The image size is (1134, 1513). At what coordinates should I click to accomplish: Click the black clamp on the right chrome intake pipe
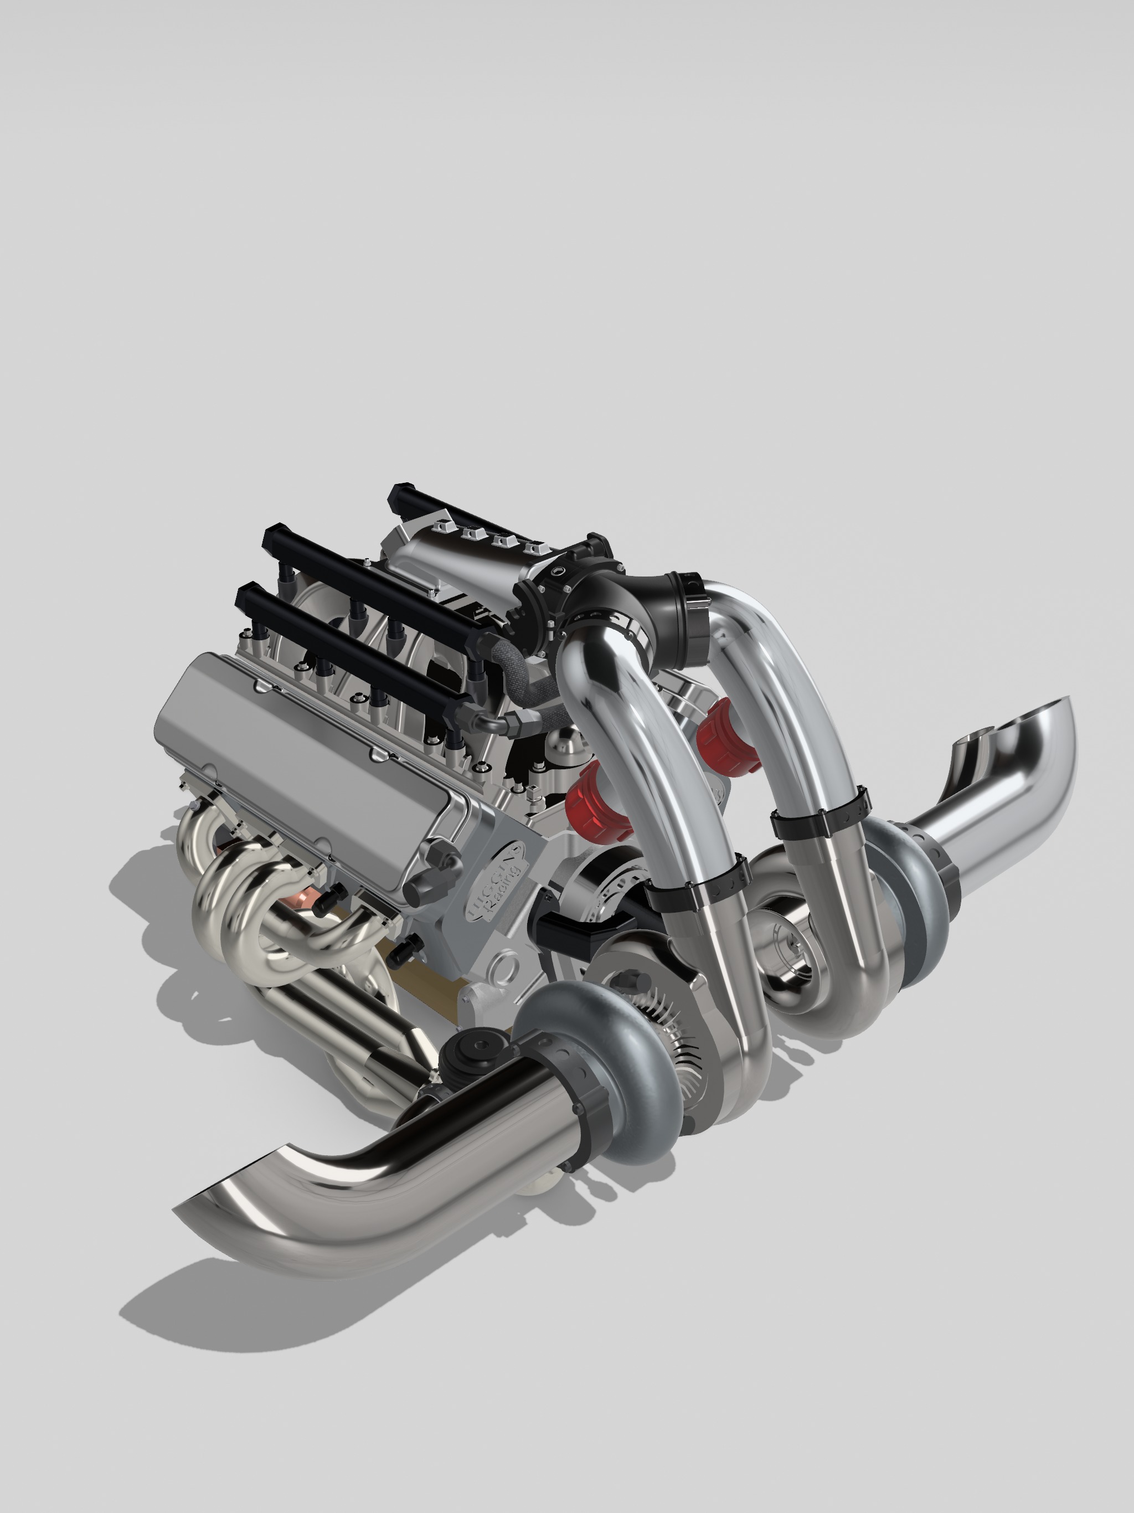tap(821, 814)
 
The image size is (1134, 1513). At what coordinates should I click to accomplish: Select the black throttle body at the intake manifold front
tap(547, 602)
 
